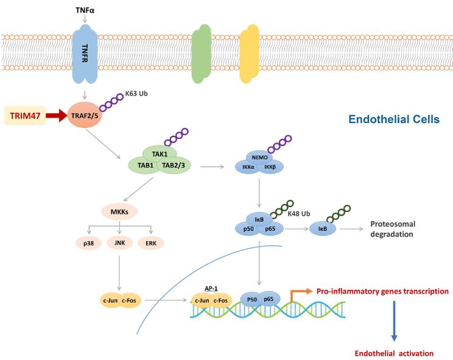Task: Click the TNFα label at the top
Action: pos(85,10)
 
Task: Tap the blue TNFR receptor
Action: pos(85,54)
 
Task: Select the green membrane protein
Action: pos(202,54)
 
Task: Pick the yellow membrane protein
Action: pos(249,54)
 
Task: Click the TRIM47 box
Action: pos(25,116)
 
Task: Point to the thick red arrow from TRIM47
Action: pos(57,116)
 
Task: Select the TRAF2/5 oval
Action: pos(85,115)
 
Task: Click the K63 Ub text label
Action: pos(136,94)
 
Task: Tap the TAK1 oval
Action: pos(160,154)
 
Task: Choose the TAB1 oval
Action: pos(146,165)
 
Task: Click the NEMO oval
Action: pos(259,158)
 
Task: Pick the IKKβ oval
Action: pos(270,167)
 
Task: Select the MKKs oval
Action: pos(119,212)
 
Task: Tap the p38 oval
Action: pos(89,243)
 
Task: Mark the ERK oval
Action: pos(151,243)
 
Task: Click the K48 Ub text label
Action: pos(299,214)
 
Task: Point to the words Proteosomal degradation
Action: pos(393,229)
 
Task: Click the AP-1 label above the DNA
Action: pos(211,288)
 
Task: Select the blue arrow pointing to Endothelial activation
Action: pos(394,321)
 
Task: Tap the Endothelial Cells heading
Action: pos(394,119)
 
